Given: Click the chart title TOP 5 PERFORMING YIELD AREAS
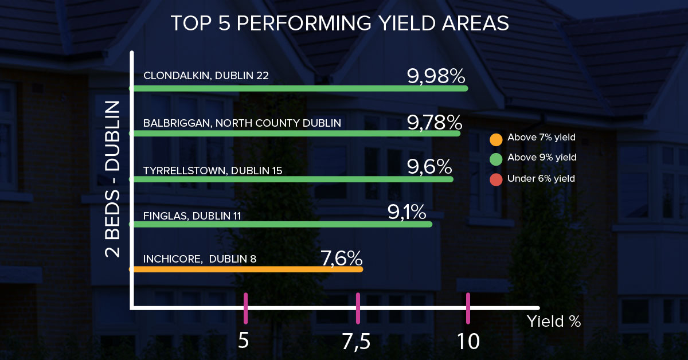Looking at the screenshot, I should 340,24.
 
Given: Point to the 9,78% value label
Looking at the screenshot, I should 434,122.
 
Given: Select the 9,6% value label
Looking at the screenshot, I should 429,167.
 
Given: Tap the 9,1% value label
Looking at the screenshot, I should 406,212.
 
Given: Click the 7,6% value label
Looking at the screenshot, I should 341,257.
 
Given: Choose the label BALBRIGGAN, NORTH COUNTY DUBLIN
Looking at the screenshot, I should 242,123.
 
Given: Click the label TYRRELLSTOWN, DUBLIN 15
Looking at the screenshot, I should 213,170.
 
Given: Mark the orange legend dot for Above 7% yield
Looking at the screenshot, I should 496,139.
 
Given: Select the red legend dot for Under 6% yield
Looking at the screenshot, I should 496,179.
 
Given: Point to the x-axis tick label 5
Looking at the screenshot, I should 244,341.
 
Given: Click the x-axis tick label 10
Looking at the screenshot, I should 468,341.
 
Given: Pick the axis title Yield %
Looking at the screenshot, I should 554,321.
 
